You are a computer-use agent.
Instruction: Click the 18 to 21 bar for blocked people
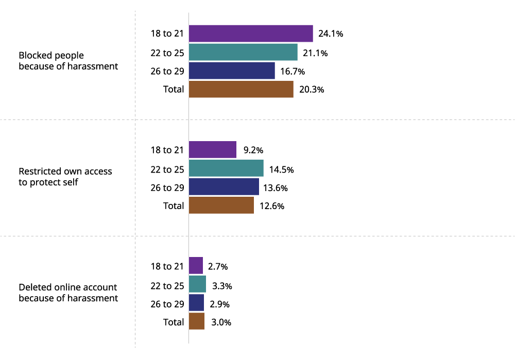coord(251,33)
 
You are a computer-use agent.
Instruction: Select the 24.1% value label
coord(331,34)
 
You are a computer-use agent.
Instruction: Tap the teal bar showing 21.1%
coord(243,52)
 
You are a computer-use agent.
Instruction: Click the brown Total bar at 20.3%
coord(241,89)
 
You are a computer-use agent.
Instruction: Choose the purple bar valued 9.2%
coord(213,150)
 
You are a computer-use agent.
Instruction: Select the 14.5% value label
coord(281,169)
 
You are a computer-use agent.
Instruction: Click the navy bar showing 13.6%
coord(224,187)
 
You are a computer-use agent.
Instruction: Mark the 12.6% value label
coord(272,206)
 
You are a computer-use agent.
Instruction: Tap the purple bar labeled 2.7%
coord(196,266)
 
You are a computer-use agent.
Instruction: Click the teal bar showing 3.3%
coord(197,284)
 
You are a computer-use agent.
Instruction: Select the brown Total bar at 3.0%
coord(197,321)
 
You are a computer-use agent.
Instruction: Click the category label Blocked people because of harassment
coord(68,61)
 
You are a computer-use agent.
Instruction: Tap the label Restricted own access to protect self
coord(65,176)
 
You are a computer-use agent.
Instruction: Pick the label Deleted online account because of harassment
coord(68,293)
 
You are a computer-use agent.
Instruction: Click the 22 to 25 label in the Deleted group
coord(167,285)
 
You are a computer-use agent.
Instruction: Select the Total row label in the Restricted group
coord(174,205)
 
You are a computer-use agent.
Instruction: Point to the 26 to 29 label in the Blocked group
coord(167,71)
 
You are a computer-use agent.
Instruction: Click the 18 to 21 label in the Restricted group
coord(167,150)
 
